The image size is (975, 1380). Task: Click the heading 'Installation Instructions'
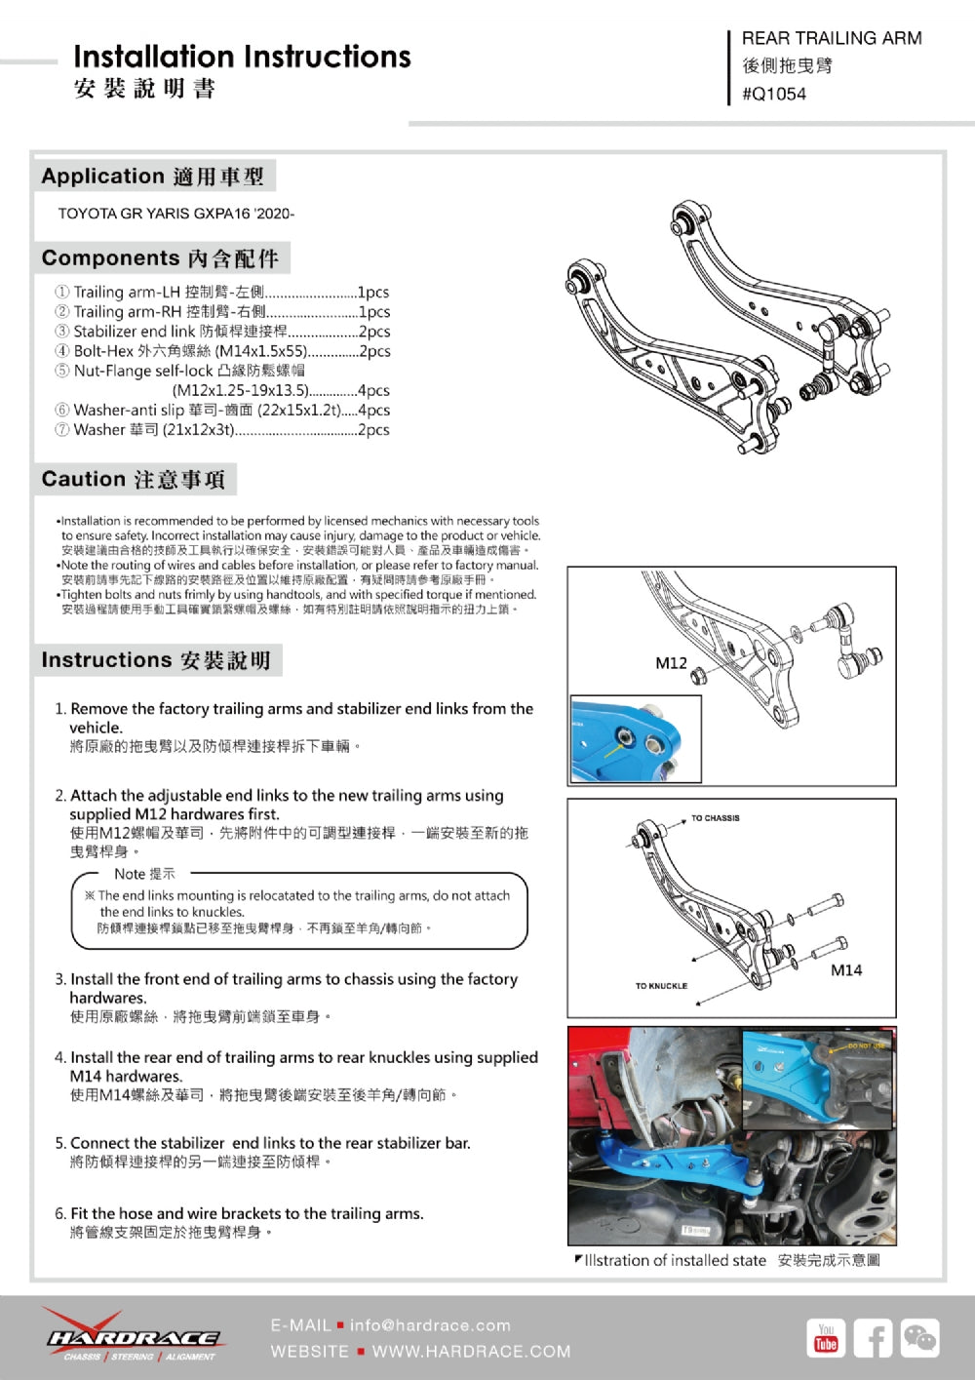[242, 57]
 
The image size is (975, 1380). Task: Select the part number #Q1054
[774, 95]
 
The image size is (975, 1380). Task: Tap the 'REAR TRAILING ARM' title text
[831, 38]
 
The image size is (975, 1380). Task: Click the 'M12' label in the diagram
[671, 663]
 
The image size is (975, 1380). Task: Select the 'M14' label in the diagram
[846, 970]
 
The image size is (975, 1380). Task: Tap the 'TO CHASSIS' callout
[715, 818]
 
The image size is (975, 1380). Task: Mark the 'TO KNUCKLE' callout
[661, 986]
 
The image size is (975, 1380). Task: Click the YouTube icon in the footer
[826, 1338]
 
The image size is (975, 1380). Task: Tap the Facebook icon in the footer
[873, 1338]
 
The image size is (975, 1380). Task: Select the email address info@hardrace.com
[430, 1325]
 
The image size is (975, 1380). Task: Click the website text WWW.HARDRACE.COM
[471, 1352]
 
